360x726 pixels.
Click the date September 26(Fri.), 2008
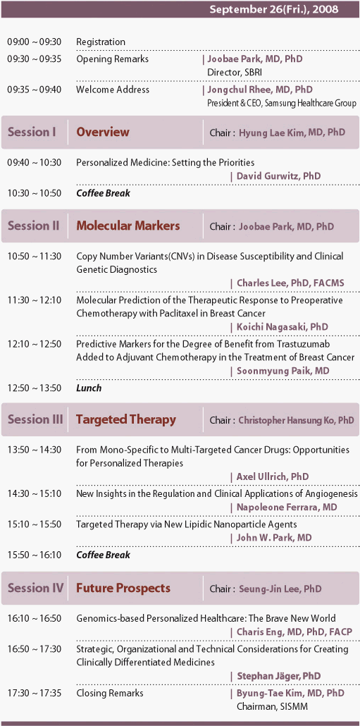click(x=274, y=9)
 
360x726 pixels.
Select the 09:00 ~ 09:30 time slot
click(x=35, y=42)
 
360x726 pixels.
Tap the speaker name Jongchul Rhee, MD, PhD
click(x=259, y=90)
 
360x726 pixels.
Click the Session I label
click(x=32, y=132)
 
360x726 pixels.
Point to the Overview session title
click(x=103, y=132)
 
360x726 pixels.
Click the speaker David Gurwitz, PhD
click(x=278, y=176)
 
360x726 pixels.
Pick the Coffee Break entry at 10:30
click(x=103, y=193)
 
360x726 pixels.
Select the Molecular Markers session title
click(x=128, y=226)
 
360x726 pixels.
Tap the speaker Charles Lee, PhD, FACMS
click(x=290, y=283)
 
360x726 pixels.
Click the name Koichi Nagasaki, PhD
click(x=283, y=327)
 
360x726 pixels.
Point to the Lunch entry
click(x=89, y=388)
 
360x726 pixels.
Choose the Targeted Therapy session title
click(x=126, y=420)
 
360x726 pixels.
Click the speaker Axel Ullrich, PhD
click(x=273, y=476)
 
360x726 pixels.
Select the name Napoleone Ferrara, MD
click(x=287, y=507)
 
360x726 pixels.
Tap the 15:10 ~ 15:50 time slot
click(x=35, y=524)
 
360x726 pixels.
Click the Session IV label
click(x=36, y=589)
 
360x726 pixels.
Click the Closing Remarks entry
click(x=110, y=693)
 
